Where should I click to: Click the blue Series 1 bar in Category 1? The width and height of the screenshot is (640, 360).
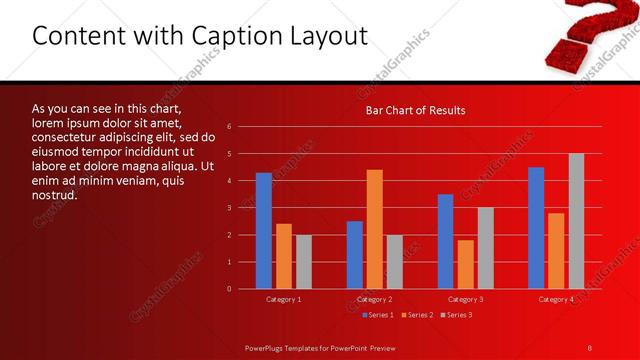[264, 231]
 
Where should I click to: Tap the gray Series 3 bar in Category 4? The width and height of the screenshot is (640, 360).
[576, 221]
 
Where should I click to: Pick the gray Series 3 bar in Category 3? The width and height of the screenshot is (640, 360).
[485, 248]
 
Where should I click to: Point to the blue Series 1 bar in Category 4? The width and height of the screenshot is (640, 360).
[536, 228]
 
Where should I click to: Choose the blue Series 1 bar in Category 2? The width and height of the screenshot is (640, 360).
[355, 255]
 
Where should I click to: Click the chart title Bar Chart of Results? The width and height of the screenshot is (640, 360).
[414, 110]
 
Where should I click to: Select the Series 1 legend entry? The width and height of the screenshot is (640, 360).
[378, 315]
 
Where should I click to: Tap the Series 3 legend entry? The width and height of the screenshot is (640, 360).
[455, 315]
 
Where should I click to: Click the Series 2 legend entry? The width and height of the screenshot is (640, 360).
[417, 315]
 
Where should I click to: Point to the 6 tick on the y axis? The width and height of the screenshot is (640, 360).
[229, 127]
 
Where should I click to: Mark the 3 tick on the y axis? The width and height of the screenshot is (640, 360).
[229, 208]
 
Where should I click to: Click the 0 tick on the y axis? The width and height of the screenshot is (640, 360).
[229, 289]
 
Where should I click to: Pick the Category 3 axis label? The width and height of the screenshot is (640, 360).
[465, 299]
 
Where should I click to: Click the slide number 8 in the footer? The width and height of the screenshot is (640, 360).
[590, 347]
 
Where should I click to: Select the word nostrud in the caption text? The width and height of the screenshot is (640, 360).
[54, 194]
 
